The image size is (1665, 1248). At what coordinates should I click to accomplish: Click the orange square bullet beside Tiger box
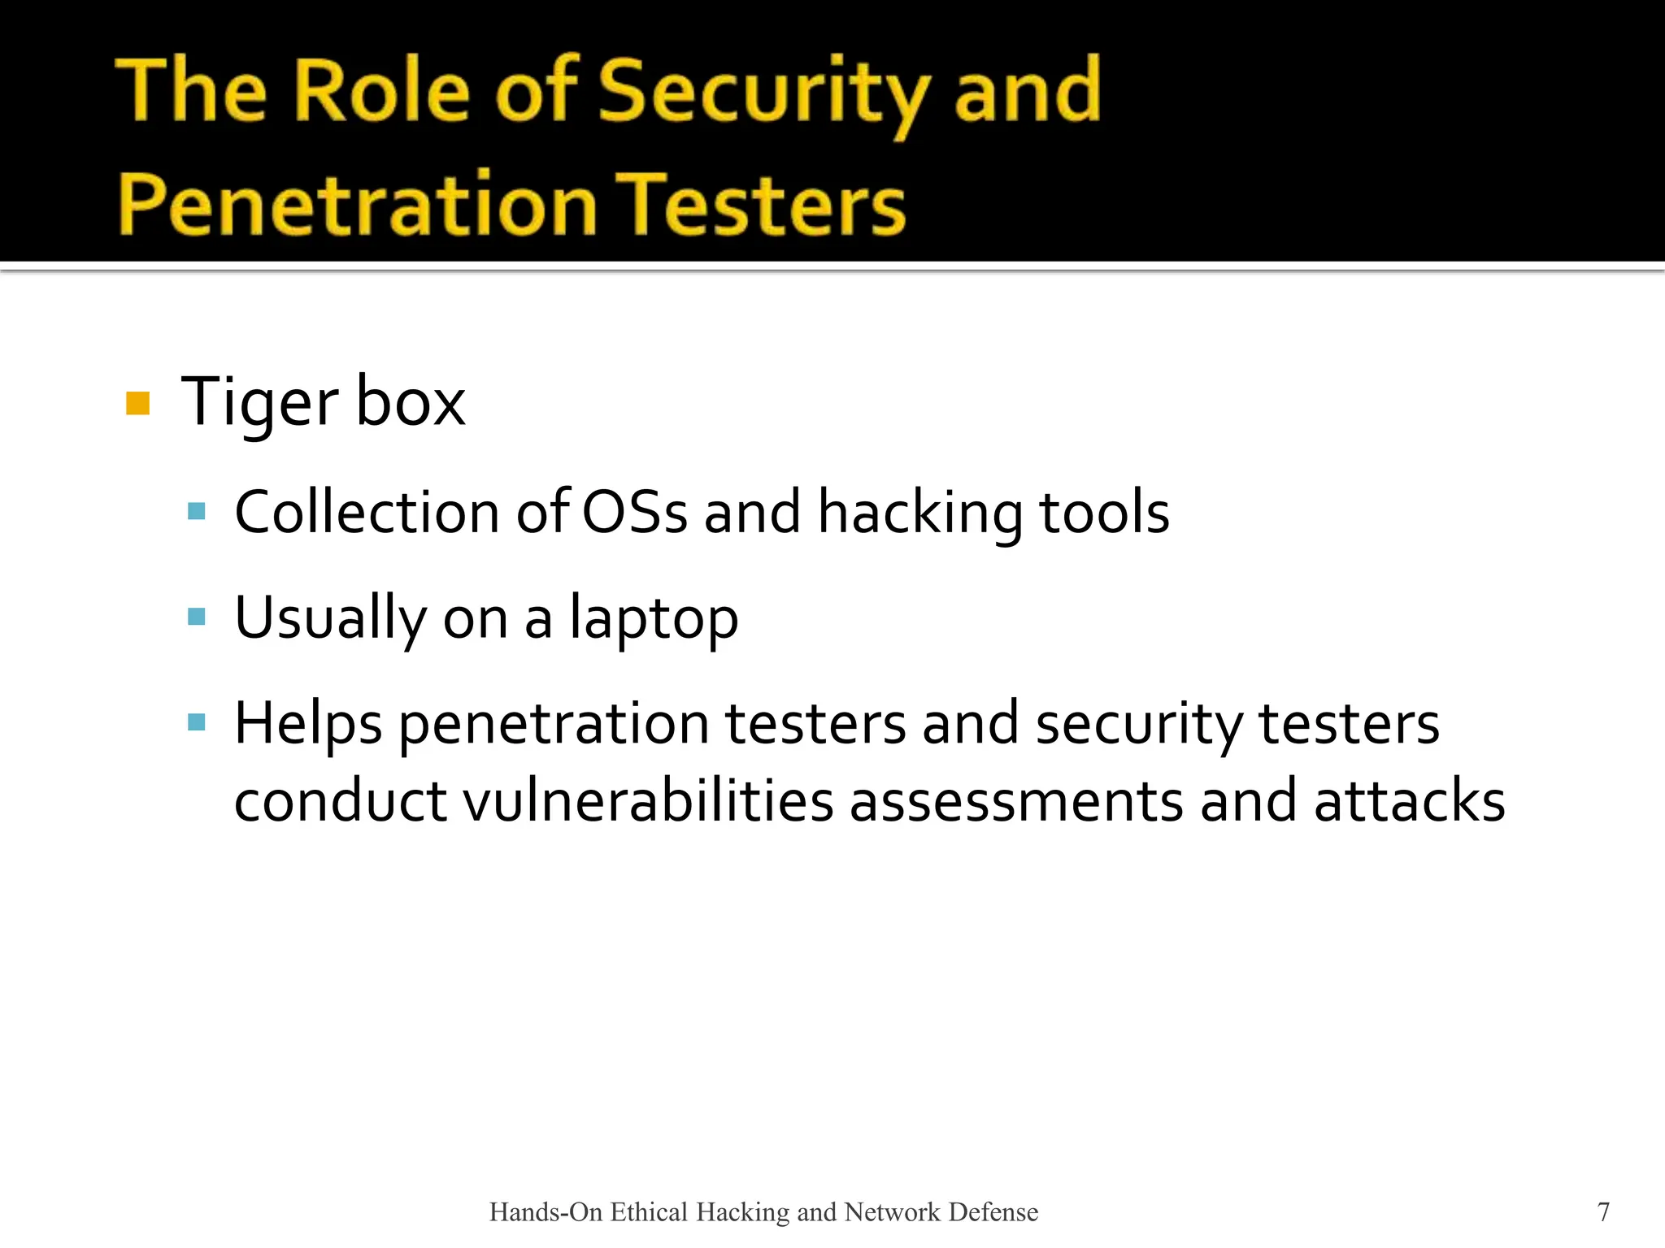[x=138, y=403]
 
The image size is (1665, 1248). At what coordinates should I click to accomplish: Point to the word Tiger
[x=259, y=403]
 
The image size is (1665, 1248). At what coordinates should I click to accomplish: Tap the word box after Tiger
[x=411, y=403]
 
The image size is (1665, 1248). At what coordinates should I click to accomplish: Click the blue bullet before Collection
[x=196, y=511]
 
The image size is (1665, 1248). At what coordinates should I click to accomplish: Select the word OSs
[x=635, y=513]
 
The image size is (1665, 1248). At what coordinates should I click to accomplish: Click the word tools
[x=1104, y=513]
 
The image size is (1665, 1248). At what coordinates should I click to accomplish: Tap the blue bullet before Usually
[x=196, y=617]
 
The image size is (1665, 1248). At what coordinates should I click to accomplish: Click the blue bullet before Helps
[x=196, y=722]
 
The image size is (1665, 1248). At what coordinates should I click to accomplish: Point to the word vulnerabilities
[x=648, y=801]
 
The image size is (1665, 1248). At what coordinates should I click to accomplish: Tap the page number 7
[x=1603, y=1211]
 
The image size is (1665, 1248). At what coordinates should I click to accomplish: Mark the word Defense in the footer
[x=993, y=1211]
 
